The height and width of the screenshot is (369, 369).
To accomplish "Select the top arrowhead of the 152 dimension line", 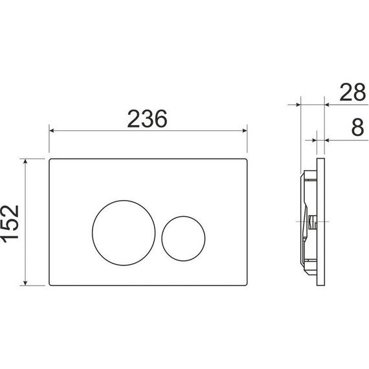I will [25, 160].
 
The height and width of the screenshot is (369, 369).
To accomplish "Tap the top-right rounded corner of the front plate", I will [246, 159].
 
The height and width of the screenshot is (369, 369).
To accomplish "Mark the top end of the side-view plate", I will [320, 157].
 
